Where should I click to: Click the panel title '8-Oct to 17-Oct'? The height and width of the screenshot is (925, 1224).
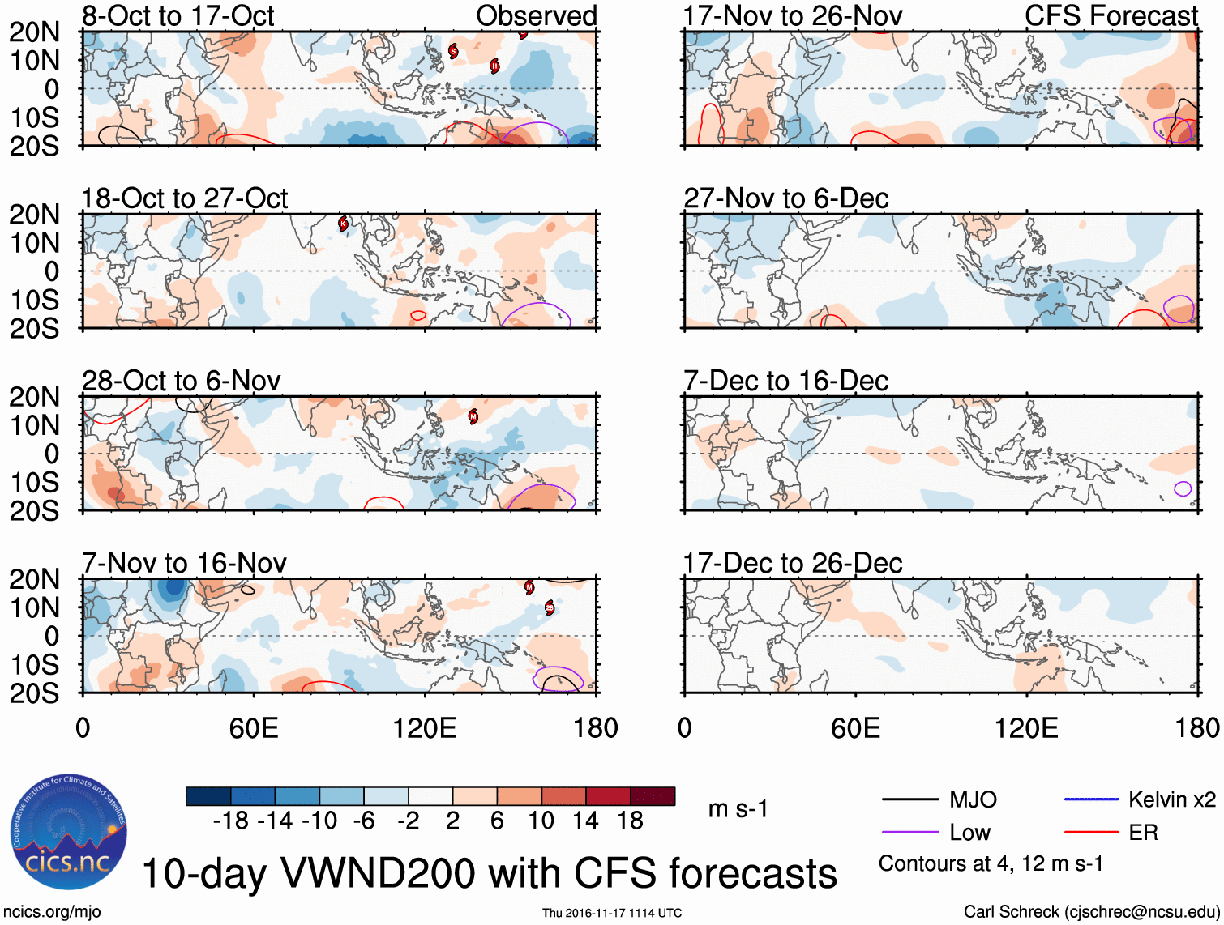coord(178,15)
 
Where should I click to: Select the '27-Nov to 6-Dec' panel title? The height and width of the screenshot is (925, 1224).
coord(785,198)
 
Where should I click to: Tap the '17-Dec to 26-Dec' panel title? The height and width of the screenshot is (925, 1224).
coord(792,563)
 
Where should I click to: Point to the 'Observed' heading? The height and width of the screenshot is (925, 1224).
coord(536,15)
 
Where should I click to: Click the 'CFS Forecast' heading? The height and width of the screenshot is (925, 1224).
coord(1111,15)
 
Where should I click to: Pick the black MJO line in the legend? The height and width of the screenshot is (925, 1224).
coord(909,800)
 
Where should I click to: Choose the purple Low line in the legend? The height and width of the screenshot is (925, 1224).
coord(909,832)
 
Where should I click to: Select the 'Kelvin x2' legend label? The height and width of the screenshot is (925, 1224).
coord(1171,800)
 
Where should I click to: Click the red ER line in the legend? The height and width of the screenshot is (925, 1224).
coord(1091,832)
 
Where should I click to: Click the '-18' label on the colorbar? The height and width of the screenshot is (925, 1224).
coord(230,821)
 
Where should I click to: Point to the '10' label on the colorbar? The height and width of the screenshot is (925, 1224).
coord(541,821)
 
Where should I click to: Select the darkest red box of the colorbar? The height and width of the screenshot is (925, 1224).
coord(653,796)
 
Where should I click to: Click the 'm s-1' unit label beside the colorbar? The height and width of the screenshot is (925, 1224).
coord(738,809)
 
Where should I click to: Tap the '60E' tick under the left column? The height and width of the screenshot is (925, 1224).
coord(254,728)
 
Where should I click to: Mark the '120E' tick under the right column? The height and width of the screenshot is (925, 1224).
coord(1026,728)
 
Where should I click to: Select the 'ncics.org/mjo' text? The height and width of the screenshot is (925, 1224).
coord(52,912)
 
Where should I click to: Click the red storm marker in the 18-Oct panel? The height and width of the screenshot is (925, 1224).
coord(343,224)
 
